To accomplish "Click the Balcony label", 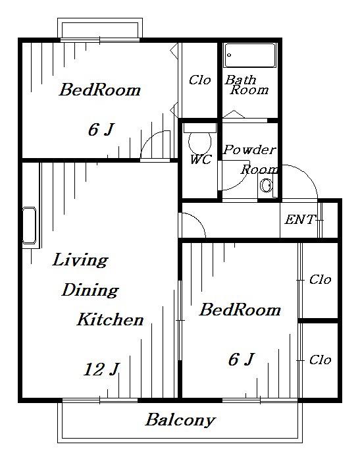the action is (x=180, y=420).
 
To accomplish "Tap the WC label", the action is (x=201, y=159).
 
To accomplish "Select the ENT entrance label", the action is (x=299, y=219).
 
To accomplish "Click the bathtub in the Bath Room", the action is (x=250, y=55).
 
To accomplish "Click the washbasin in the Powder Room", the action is (x=267, y=185).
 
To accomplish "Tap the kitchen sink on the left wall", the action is (x=29, y=226).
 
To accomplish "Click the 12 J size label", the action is (x=101, y=370).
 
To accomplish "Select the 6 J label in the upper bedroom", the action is (x=101, y=130).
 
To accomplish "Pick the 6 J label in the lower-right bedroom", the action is (x=241, y=360).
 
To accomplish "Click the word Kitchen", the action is (x=110, y=319).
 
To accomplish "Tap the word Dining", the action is (x=90, y=290).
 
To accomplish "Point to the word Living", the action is (x=80, y=260).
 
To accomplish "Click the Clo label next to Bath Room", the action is (x=200, y=80).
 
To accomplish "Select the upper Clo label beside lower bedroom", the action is (x=321, y=279).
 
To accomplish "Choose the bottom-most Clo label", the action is (x=321, y=360).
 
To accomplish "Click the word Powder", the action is (x=249, y=150).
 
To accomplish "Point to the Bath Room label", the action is (x=246, y=85).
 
